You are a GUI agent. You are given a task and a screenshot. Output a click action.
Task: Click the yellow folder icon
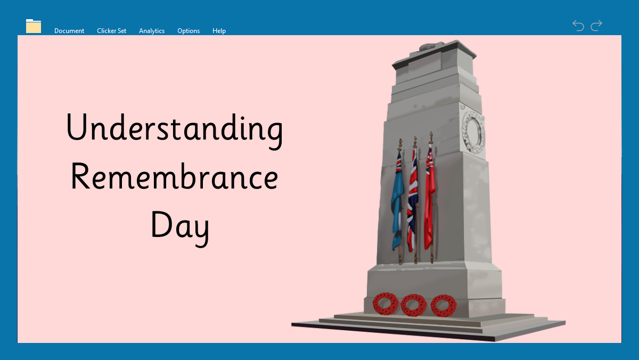[x=34, y=26]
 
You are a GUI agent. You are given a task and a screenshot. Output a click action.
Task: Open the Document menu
[x=69, y=31]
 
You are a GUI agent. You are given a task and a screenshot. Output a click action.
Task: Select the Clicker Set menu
[x=111, y=31]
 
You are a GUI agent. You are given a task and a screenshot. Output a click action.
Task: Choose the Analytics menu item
[x=152, y=31]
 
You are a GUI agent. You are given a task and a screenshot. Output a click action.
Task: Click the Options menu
[x=189, y=31]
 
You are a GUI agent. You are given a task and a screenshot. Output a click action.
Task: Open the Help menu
[x=219, y=31]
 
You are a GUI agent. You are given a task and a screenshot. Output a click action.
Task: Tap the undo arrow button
[x=578, y=26]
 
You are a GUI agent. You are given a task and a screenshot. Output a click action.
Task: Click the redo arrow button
[x=596, y=26]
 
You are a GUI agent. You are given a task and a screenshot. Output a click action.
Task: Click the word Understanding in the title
[x=175, y=130]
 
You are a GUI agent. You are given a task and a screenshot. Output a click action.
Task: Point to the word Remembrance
[x=174, y=177]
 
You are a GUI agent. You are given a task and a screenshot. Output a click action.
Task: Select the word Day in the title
[x=180, y=227]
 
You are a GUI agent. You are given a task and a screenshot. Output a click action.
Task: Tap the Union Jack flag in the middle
[x=412, y=200]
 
